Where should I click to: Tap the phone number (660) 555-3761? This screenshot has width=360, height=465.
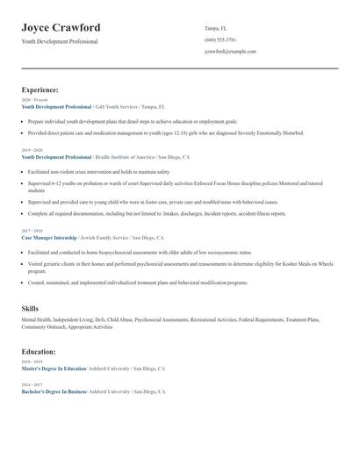[x=220, y=39]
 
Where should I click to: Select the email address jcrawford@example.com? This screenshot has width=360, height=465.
[x=230, y=51]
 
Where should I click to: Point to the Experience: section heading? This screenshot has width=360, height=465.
[x=40, y=89]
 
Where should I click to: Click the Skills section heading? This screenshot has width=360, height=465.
[x=30, y=309]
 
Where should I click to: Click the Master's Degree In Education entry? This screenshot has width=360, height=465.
[x=54, y=368]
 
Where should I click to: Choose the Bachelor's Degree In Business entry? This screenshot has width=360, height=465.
[x=54, y=391]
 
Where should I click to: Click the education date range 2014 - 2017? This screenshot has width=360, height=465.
[x=31, y=384]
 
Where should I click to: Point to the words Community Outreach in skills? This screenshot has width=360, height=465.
[x=45, y=327]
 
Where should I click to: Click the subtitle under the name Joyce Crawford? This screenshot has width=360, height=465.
[x=60, y=41]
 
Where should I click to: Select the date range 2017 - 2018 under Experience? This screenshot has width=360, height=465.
[x=31, y=231]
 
